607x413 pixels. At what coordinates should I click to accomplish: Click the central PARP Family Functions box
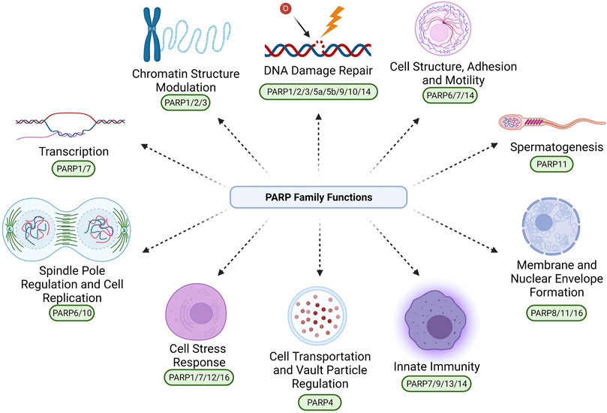(317, 198)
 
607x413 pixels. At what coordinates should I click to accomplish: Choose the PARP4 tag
(320, 402)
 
